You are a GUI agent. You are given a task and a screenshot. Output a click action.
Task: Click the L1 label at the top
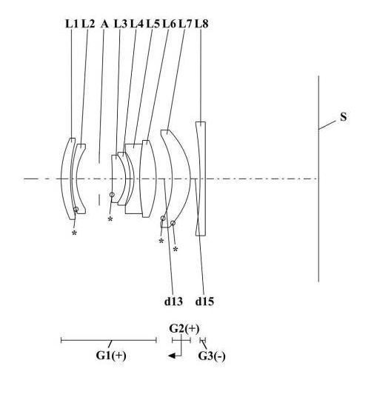point(72,24)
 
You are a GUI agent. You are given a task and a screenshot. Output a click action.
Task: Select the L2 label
point(88,24)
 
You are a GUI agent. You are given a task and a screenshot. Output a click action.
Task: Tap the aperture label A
point(104,24)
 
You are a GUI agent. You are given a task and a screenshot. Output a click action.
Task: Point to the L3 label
point(121,24)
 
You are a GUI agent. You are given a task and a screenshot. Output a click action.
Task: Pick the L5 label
point(153,24)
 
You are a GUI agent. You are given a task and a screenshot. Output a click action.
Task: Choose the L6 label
point(169,24)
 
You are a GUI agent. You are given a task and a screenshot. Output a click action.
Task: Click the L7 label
point(185,24)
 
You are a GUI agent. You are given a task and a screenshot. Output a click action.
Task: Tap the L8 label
point(201,24)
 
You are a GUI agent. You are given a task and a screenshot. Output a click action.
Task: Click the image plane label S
point(344,117)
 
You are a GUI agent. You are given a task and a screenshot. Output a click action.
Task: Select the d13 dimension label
point(173,301)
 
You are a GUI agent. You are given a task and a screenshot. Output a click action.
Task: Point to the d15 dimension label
point(204,301)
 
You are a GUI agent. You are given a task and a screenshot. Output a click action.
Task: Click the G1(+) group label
point(111,356)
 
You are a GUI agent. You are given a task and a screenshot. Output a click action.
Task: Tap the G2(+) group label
point(184,329)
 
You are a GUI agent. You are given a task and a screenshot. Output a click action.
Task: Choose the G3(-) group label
point(212,356)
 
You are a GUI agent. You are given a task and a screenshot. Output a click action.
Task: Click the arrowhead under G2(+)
point(171,356)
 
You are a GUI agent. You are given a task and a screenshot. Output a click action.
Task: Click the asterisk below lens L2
point(74,233)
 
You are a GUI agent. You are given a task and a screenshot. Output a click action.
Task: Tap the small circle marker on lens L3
point(112,195)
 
